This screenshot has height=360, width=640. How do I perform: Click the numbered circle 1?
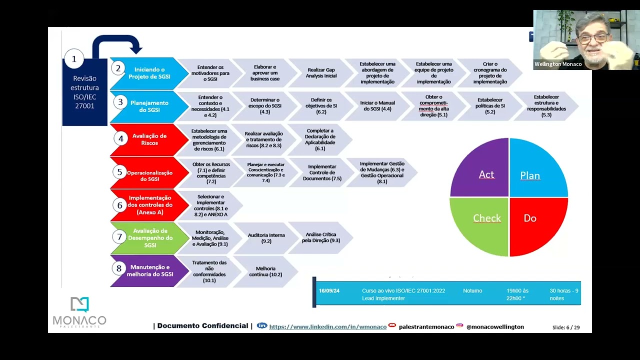click(x=74, y=59)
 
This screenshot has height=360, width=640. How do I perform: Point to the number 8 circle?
click(x=119, y=268)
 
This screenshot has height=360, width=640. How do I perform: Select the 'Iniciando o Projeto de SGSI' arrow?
click(x=146, y=73)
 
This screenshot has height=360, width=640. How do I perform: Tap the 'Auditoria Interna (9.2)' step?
click(x=266, y=238)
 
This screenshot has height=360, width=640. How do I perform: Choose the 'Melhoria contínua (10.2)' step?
click(x=265, y=271)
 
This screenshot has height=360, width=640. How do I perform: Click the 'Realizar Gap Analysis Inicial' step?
click(x=321, y=73)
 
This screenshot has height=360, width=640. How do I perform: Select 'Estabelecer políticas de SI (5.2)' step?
click(x=490, y=106)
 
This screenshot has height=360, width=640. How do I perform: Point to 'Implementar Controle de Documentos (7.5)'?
click(x=321, y=172)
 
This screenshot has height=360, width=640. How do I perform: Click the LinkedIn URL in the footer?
click(x=327, y=326)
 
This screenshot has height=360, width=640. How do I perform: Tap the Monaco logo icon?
click(x=79, y=305)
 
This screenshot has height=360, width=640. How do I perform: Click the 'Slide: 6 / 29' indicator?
click(x=566, y=327)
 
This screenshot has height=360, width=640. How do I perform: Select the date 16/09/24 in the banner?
click(x=329, y=291)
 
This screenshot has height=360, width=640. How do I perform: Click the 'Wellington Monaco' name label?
click(x=558, y=64)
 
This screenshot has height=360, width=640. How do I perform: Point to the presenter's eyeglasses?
click(x=593, y=37)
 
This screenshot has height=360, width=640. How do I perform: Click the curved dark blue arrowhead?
click(x=135, y=48)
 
